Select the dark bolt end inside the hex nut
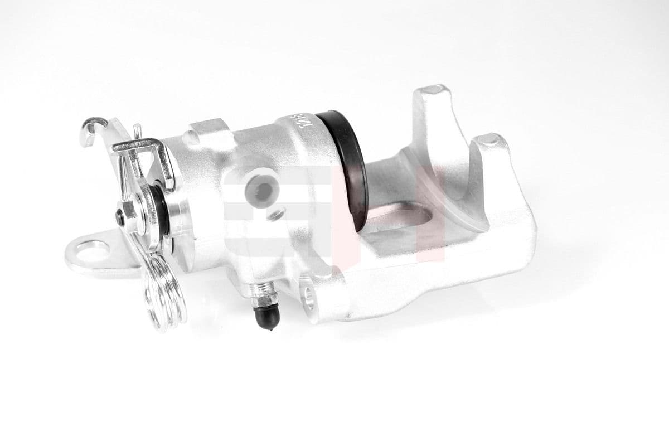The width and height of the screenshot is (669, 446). tap(119, 218)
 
